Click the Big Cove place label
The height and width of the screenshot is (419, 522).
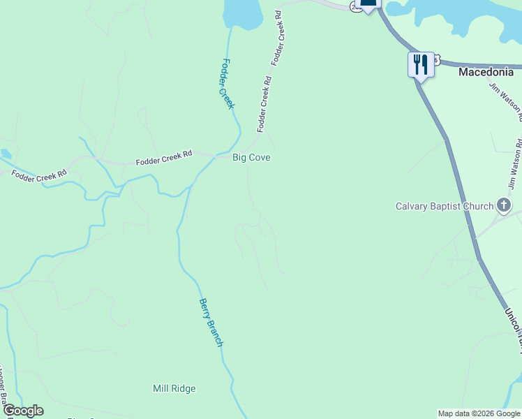(x=251, y=158)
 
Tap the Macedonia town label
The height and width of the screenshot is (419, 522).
(x=486, y=72)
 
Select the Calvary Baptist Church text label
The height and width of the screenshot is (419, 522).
(x=445, y=206)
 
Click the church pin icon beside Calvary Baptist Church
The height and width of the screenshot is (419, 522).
(x=505, y=205)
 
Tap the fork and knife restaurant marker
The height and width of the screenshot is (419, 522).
(x=420, y=65)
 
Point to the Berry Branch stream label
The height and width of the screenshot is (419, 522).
(x=210, y=323)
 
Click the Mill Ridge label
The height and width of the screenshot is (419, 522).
(x=174, y=388)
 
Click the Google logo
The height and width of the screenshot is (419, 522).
(x=23, y=411)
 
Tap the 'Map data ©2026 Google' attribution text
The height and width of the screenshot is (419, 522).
(x=479, y=413)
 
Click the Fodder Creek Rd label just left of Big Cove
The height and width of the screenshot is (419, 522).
(x=163, y=159)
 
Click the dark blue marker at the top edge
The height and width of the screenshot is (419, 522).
(x=368, y=3)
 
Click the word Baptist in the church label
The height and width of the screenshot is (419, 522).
(x=457, y=206)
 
